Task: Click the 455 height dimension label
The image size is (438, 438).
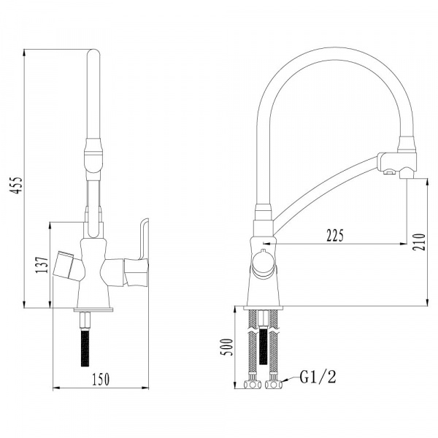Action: click(x=15, y=185)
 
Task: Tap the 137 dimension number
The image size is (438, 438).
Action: click(x=42, y=265)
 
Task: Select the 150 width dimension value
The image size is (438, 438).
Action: click(x=101, y=379)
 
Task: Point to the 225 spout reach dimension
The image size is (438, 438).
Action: click(x=335, y=236)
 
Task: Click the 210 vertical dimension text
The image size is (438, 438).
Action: click(x=419, y=242)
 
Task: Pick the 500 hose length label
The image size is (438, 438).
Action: click(x=226, y=347)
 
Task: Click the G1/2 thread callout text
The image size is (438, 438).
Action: click(x=318, y=377)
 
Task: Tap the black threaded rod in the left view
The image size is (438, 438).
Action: click(x=85, y=347)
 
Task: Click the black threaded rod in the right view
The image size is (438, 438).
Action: click(x=263, y=345)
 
